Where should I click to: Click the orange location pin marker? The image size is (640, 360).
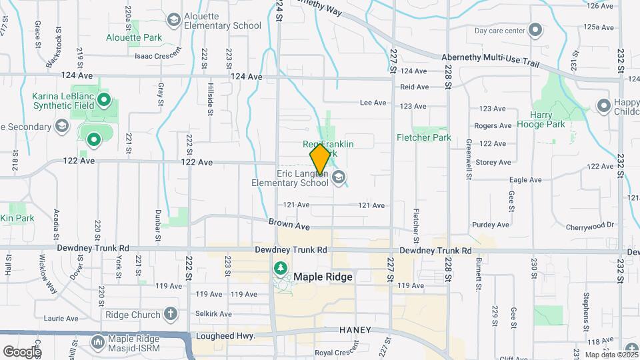(320, 159)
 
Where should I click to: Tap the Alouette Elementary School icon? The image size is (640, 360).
(174, 20)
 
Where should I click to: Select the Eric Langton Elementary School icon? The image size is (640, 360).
(339, 177)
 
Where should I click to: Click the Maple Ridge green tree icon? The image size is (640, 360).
(281, 269)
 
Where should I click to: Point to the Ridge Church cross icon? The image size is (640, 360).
(171, 314)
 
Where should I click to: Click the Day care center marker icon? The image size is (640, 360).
(535, 30)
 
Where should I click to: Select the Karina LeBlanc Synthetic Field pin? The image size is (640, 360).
(103, 101)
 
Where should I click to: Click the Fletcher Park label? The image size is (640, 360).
(424, 138)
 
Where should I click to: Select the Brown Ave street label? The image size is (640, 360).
(289, 225)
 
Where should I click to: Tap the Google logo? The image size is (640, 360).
(21, 351)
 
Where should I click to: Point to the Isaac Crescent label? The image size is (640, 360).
(158, 56)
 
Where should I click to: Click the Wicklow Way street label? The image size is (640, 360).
(49, 274)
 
